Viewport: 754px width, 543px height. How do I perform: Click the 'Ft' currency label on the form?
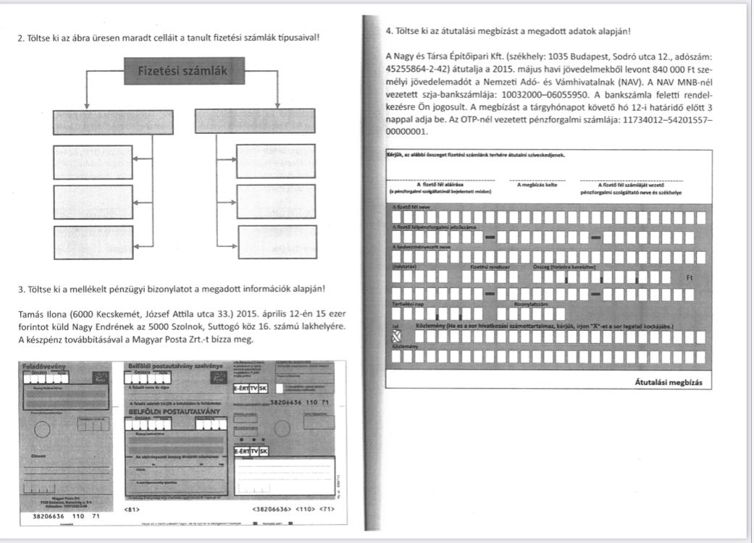pos(688,276)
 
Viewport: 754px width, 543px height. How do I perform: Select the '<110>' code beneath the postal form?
pos(307,510)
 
